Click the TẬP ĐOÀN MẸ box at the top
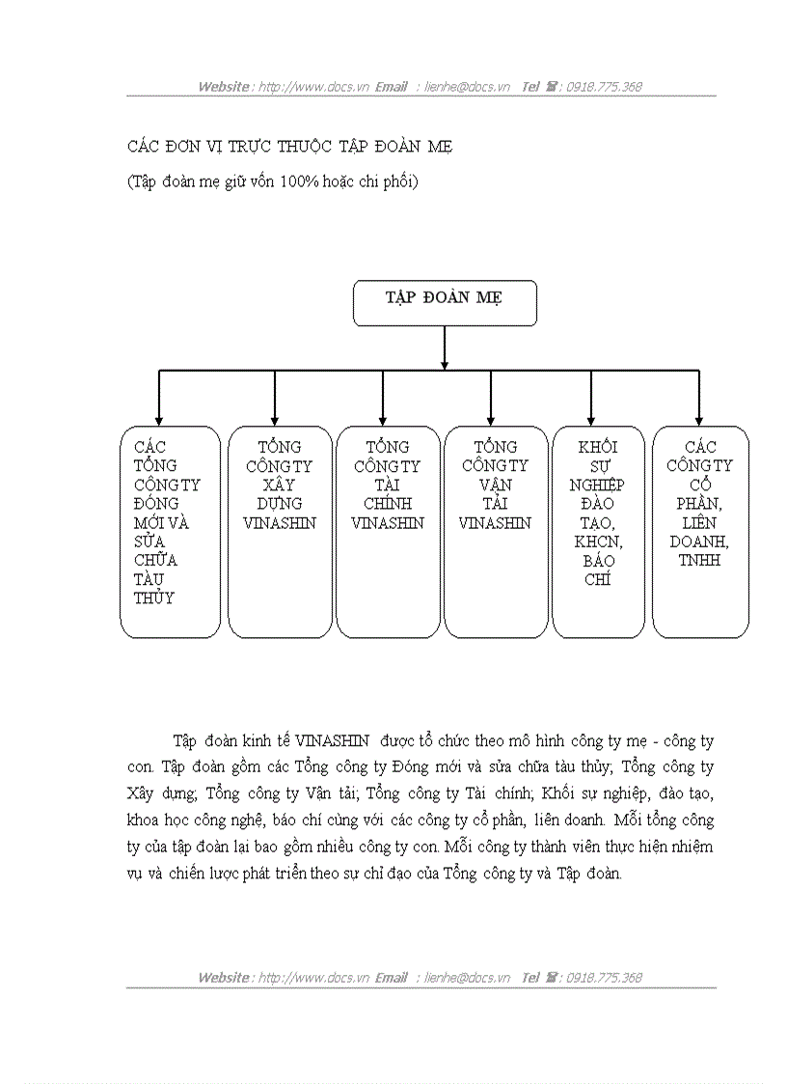[x=445, y=303]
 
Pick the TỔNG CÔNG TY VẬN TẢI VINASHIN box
[x=495, y=531]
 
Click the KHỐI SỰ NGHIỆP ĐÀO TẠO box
[x=598, y=531]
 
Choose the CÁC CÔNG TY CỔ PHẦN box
[x=700, y=531]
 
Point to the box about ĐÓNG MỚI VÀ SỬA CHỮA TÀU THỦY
[x=170, y=531]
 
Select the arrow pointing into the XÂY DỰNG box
[x=275, y=398]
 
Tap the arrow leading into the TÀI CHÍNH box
[x=383, y=398]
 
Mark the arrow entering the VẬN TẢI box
[x=491, y=398]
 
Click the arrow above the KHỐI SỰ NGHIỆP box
[x=590, y=398]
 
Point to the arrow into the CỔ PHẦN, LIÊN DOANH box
[x=698, y=398]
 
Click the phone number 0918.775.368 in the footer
[x=604, y=978]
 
